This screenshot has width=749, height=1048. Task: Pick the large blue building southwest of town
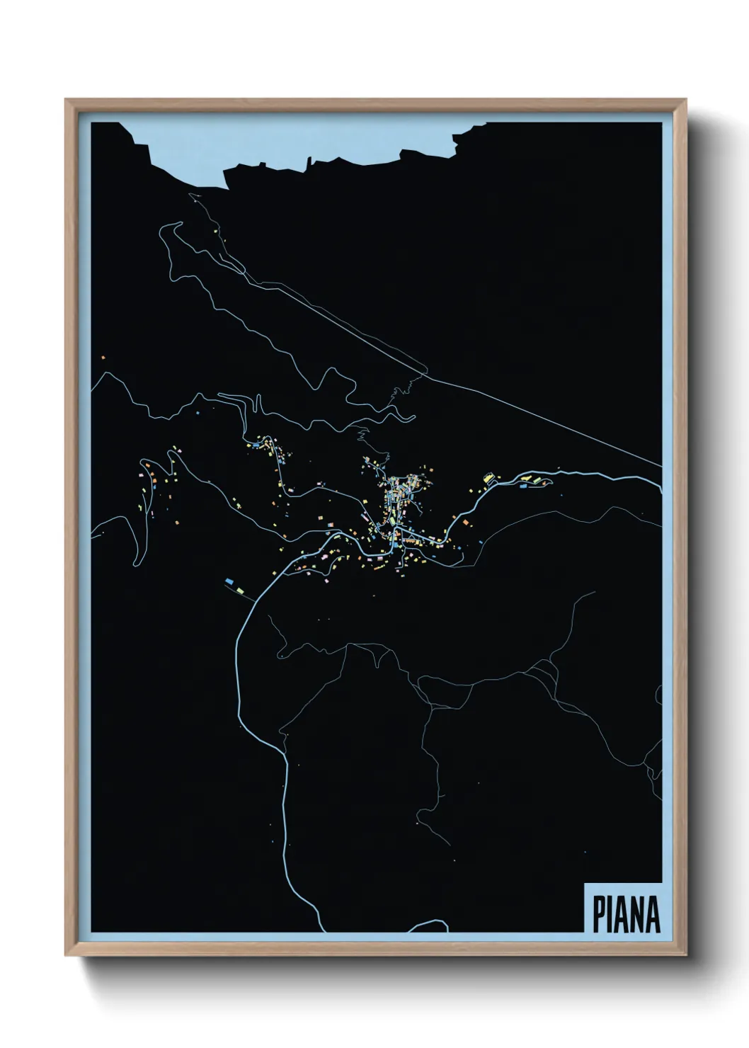coord(229,581)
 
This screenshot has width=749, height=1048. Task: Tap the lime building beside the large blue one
coord(240,588)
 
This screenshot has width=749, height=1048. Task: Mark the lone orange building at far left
coord(103,358)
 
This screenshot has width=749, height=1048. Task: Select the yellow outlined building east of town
coord(488,477)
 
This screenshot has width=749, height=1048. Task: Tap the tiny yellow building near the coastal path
coord(214,230)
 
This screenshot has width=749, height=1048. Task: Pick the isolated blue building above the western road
coord(199,411)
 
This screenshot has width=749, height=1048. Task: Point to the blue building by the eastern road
coord(525,486)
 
